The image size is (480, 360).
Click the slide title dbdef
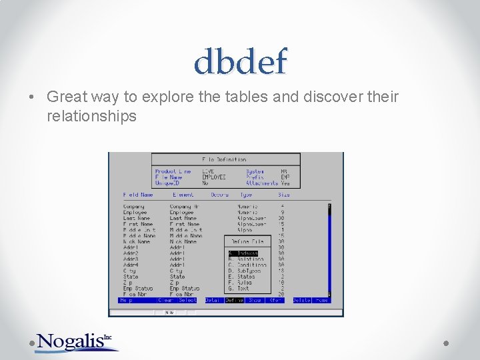pyautogui.click(x=240, y=63)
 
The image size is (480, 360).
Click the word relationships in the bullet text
pyautogui.click(x=91, y=116)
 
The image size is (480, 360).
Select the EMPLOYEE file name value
pyautogui.click(x=214, y=177)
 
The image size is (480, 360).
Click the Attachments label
pyautogui.click(x=262, y=183)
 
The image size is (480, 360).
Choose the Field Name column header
pyautogui.click(x=138, y=195)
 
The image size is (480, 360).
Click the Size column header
pyautogui.click(x=284, y=195)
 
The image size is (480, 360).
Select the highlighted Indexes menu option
pyautogui.click(x=243, y=253)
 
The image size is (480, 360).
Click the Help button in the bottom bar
pyautogui.click(x=125, y=300)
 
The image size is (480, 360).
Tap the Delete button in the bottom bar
pyautogui.click(x=301, y=300)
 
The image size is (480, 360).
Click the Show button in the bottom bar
pyautogui.click(x=255, y=300)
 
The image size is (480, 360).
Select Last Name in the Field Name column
pyautogui.click(x=137, y=218)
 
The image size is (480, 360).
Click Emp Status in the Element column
pyautogui.click(x=184, y=288)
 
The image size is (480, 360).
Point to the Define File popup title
pyautogui.click(x=248, y=241)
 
